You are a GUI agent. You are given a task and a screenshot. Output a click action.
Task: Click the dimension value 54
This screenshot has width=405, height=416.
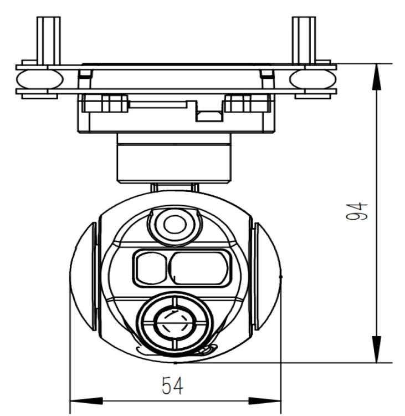pyautogui.click(x=173, y=386)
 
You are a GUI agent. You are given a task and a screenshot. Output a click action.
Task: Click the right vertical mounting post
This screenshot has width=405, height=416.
pyautogui.click(x=304, y=39)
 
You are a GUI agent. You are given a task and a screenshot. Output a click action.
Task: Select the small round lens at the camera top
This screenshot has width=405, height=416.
pyautogui.click(x=175, y=225)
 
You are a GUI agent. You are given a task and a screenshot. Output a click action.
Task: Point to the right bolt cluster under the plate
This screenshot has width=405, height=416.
pyautogui.click(x=247, y=104)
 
